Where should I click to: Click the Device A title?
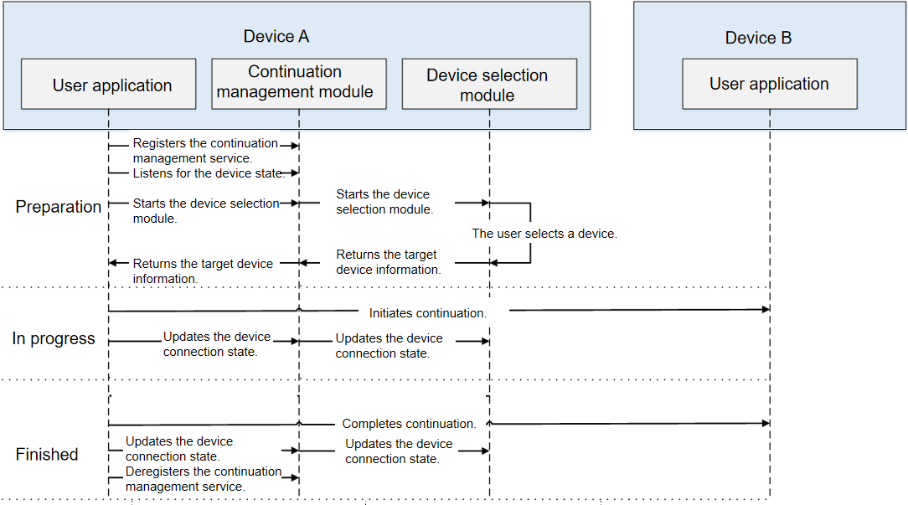tap(276, 37)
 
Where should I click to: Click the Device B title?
tap(758, 38)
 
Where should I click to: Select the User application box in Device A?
tap(109, 84)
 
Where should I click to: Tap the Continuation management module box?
tap(299, 84)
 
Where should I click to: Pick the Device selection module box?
tap(489, 84)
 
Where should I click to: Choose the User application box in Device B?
tap(770, 84)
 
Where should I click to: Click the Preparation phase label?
tap(59, 207)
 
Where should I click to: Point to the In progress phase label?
tap(54, 338)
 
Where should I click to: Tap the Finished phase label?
tap(47, 454)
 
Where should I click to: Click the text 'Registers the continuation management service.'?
tap(205, 151)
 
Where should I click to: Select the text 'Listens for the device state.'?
tap(208, 173)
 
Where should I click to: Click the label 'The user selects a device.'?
tap(544, 234)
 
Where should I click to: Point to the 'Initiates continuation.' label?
tap(428, 313)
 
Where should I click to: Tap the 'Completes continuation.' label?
tap(410, 424)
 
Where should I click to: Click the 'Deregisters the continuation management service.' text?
tap(204, 479)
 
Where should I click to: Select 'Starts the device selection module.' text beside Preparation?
tap(206, 211)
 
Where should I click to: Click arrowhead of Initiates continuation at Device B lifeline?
tap(766, 309)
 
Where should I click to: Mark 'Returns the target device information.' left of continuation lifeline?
tap(203, 271)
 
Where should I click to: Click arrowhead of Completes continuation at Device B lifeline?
tap(766, 423)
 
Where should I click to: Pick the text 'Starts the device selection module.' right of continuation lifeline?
tap(384, 202)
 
